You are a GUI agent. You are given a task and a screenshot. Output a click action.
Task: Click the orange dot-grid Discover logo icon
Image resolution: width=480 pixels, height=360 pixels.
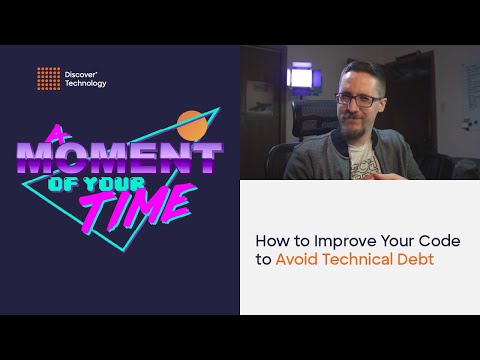(48, 76)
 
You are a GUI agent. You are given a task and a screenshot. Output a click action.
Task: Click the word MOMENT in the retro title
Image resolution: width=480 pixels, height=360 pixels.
(117, 159)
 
